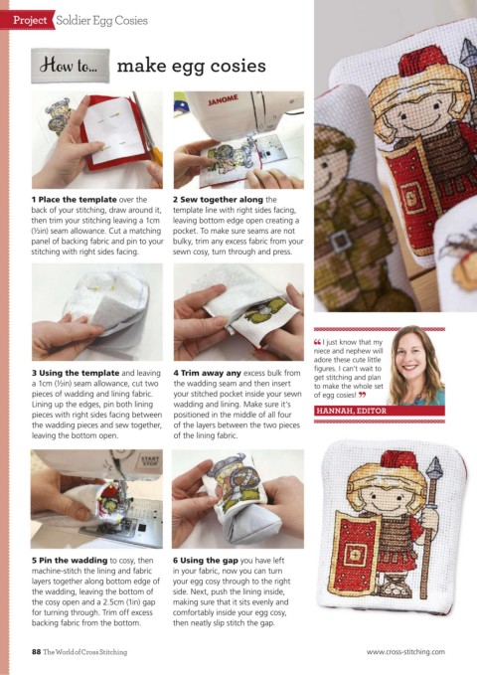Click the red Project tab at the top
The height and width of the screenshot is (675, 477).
pos(28,20)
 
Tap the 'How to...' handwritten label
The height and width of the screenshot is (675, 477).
pos(70,66)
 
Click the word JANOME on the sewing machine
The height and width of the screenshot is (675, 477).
pos(223,100)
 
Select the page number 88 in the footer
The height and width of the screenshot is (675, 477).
pos(36,652)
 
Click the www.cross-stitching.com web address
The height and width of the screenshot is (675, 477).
pos(405,652)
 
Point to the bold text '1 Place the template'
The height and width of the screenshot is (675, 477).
pos(75,199)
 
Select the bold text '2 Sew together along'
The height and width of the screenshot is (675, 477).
pos(218,199)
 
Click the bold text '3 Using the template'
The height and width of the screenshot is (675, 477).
pos(76,373)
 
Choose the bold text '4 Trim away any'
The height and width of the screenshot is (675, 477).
pos(207,373)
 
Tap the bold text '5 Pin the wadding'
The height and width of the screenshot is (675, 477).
pos(70,560)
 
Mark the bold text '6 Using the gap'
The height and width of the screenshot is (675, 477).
pos(206,560)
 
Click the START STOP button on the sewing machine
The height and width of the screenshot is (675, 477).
pos(150,462)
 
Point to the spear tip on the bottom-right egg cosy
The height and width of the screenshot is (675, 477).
pos(436,465)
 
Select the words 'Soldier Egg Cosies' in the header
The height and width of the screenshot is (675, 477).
pos(101,20)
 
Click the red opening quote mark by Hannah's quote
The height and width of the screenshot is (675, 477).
pos(317,342)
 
